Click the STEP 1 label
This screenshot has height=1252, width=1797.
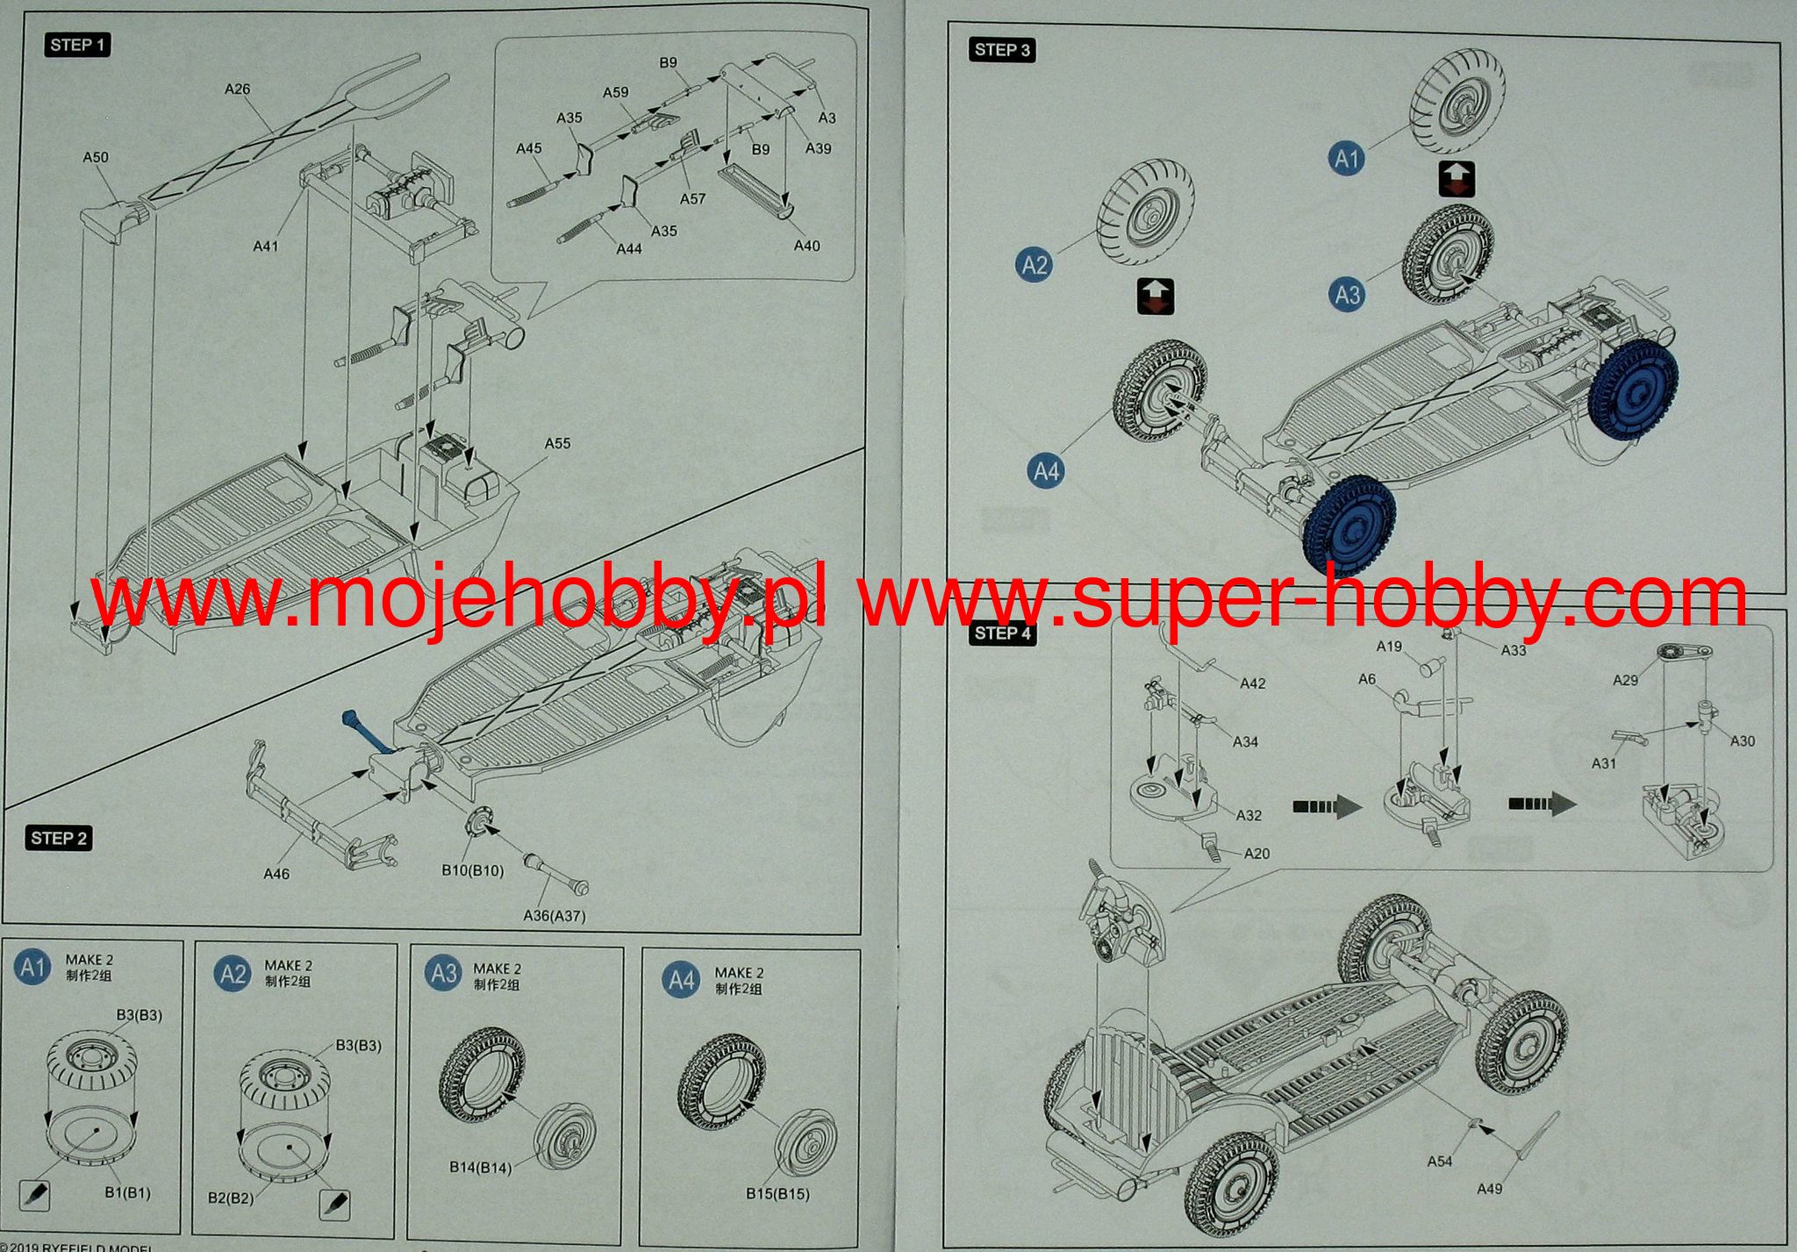(x=77, y=45)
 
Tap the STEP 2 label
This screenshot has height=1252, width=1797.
(x=59, y=838)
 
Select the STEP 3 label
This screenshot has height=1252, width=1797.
(x=1002, y=50)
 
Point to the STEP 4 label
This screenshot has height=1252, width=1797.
(x=1002, y=633)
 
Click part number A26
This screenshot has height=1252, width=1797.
(x=237, y=89)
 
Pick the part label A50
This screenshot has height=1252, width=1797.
(x=96, y=158)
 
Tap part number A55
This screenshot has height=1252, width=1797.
(x=557, y=444)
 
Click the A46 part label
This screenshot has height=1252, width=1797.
(x=276, y=874)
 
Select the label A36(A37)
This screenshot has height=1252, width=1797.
(x=554, y=916)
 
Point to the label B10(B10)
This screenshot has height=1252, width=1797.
(x=472, y=870)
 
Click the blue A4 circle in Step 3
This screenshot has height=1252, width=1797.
(x=1046, y=471)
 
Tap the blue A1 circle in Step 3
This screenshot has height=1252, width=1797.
(x=1346, y=159)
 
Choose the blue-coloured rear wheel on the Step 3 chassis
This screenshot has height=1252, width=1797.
(x=1633, y=384)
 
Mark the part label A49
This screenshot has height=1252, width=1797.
(x=1489, y=1189)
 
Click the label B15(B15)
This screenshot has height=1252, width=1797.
(x=777, y=1193)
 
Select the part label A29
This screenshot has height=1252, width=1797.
(x=1625, y=680)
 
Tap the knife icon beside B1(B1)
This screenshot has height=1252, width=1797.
(x=33, y=1195)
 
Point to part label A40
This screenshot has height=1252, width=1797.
(x=806, y=246)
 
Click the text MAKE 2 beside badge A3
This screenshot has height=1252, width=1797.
(x=497, y=969)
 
